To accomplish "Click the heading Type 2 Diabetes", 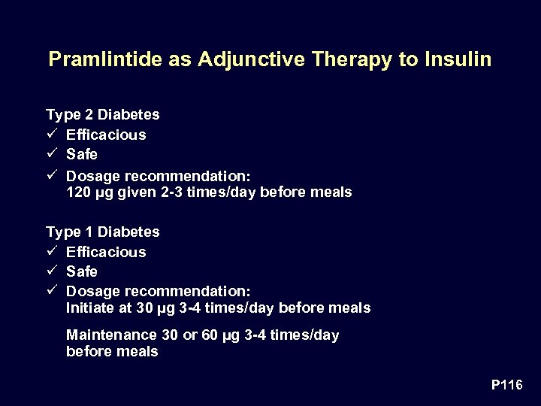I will [103, 115].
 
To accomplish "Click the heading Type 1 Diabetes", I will [103, 232].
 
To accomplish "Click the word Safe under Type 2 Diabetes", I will [82, 154].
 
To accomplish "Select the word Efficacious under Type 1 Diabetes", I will [106, 252].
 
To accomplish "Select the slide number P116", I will [506, 385].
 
